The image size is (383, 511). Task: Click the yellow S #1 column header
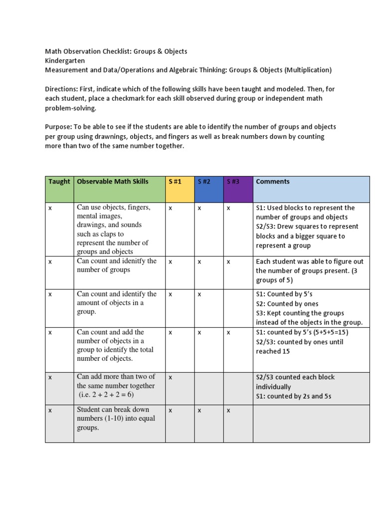coord(180,189)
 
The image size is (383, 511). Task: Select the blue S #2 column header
coord(209,189)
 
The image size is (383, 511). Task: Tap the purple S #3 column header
coord(238,189)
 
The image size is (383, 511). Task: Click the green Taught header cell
coord(59,189)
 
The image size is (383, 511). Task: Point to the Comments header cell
coord(311,189)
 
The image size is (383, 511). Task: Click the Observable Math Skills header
coord(119,189)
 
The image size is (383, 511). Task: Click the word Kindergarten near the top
coord(65,60)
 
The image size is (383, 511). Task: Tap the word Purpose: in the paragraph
coord(58,127)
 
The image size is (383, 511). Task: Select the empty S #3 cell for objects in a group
coord(238,307)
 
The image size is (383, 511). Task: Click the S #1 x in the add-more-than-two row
coord(170,378)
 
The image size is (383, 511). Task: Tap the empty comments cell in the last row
coord(311,423)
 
